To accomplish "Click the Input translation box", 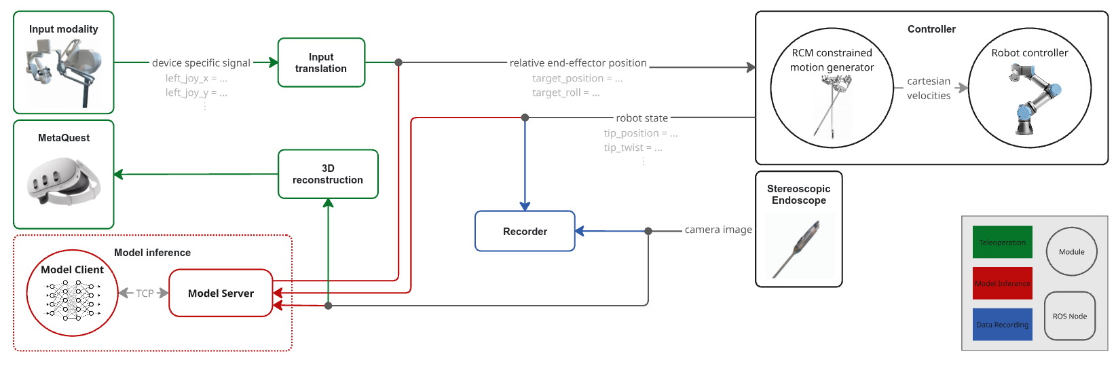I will coord(321,62).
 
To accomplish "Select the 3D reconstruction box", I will coord(328,174).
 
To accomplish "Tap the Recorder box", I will coord(525,231).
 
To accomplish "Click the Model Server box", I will coord(221,293).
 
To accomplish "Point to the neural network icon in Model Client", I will coord(73,300).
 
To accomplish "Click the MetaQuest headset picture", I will coord(63,181).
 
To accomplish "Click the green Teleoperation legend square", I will coord(1002,243).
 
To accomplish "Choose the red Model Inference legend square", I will coord(1002,283).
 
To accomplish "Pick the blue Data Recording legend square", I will coord(1002,325).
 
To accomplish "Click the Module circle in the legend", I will coord(1071,251).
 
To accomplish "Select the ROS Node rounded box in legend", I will coord(1069,316).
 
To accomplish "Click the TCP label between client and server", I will coord(145,293).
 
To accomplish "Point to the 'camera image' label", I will coord(718,230).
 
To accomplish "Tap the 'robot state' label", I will coord(641,118).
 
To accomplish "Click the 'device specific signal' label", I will coord(201,62).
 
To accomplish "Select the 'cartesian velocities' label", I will coord(929,88).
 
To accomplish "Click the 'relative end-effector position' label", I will coord(578,62).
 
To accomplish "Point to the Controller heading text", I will coord(931,29).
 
